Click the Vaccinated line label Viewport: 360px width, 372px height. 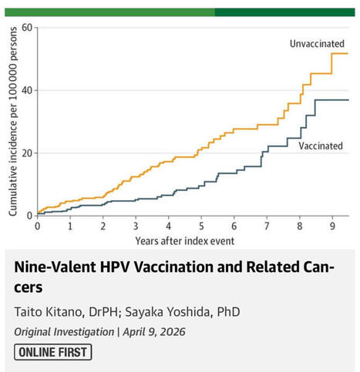(x=320, y=146)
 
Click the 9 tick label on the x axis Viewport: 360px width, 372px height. (x=331, y=226)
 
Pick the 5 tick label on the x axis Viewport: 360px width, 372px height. (x=200, y=226)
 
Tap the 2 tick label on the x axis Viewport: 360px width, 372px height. (x=103, y=226)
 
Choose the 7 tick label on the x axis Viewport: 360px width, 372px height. (x=267, y=226)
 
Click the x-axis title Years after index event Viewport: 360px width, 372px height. (x=185, y=240)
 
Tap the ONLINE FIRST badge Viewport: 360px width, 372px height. (x=53, y=352)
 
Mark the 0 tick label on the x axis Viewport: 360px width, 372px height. (x=37, y=226)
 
